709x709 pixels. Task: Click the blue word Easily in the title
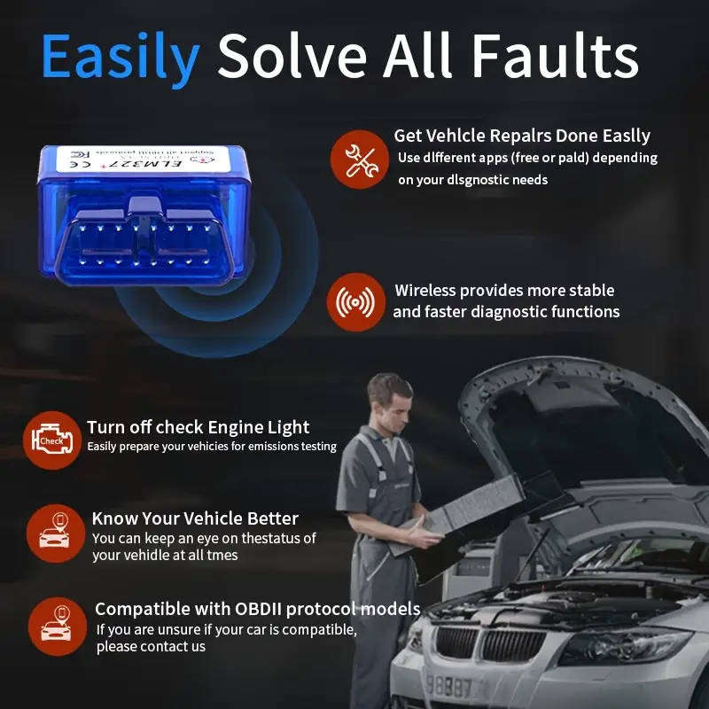(x=120, y=57)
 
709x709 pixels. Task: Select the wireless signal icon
(x=356, y=302)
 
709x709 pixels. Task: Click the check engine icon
(x=51, y=440)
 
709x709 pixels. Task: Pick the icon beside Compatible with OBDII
(x=57, y=626)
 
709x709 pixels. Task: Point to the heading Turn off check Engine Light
(x=198, y=427)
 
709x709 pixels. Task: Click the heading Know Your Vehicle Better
(x=195, y=518)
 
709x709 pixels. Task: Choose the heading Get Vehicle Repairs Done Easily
(x=522, y=136)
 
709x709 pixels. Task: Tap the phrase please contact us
(x=151, y=647)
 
